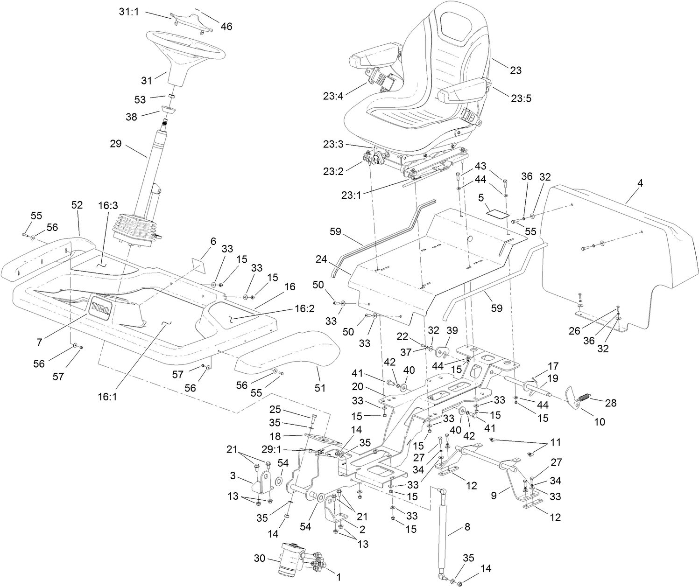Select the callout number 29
click(115, 144)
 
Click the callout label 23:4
click(332, 97)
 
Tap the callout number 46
click(226, 27)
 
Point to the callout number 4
click(640, 183)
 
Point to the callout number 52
click(77, 205)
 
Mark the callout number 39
click(452, 330)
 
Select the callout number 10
click(599, 422)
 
